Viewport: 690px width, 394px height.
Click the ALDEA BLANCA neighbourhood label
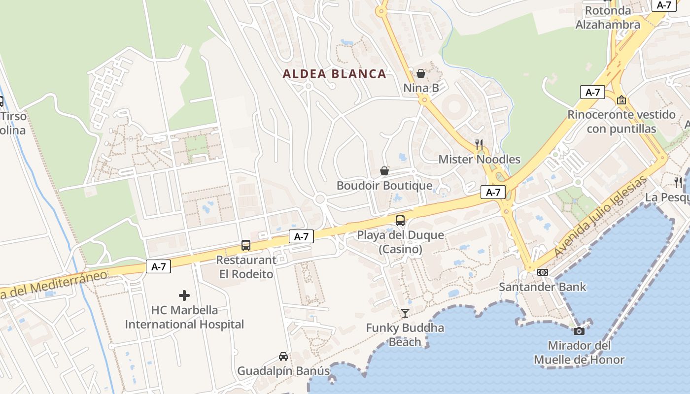334,74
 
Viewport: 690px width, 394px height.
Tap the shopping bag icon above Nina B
421,73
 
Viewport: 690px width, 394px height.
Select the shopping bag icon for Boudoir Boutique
384,171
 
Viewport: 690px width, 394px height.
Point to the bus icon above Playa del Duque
400,220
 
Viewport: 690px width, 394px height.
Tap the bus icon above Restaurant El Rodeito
246,245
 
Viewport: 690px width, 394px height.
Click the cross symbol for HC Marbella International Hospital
184,295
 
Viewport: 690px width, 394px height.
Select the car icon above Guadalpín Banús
283,356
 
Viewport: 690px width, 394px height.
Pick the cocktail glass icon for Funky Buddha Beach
405,313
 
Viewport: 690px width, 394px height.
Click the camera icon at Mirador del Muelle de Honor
579,330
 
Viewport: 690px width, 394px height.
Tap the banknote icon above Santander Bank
543,272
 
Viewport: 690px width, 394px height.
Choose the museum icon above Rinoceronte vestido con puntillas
621,100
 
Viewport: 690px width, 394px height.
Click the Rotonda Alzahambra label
608,17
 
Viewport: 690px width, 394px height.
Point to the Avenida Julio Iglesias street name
600,217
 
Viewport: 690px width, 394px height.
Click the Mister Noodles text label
479,159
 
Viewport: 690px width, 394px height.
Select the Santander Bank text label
543,287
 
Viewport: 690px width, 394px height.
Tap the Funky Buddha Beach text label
405,335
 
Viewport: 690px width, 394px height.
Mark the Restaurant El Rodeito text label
246,267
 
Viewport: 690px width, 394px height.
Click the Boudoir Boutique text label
384,186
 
